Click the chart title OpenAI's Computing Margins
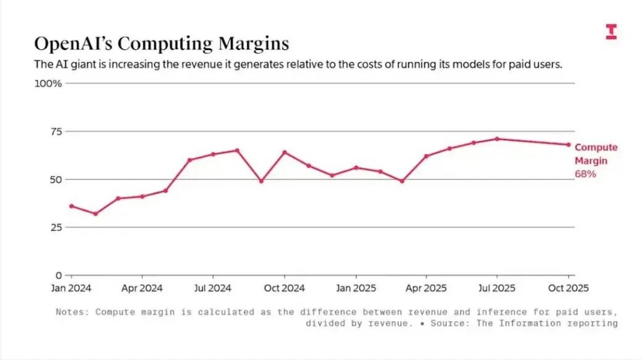click(161, 44)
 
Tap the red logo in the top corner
click(611, 32)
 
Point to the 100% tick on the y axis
click(48, 83)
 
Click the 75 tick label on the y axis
click(56, 132)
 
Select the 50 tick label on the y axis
click(56, 180)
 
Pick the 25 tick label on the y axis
click(56, 227)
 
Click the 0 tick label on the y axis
click(59, 275)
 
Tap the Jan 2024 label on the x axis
click(70, 288)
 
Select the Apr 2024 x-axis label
click(142, 288)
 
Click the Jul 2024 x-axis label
click(213, 288)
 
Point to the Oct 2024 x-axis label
click(285, 288)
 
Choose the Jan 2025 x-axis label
click(356, 288)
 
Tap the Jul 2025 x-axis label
click(498, 288)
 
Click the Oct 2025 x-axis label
click(569, 288)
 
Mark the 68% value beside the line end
click(585, 175)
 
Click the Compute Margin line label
click(596, 154)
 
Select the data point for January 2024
click(71, 206)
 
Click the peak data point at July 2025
click(497, 139)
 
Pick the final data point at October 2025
click(568, 144)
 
